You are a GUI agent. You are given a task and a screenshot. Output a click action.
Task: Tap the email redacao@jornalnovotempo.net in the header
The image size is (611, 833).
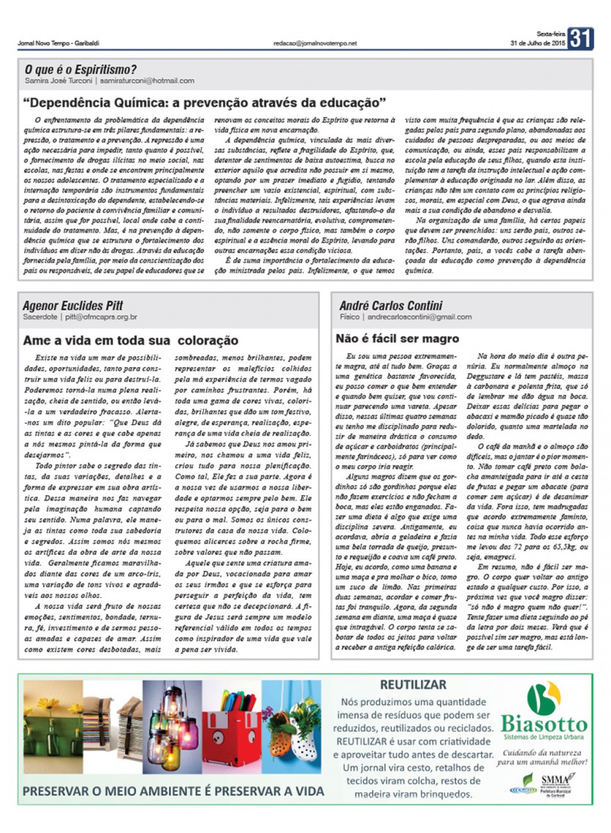(x=315, y=43)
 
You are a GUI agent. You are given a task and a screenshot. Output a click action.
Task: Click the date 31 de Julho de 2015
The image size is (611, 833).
(x=537, y=43)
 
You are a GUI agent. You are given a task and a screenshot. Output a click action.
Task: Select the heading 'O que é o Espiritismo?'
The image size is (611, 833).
(x=80, y=70)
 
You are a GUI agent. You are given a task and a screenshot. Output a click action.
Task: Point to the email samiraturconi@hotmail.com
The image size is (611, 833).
(x=147, y=81)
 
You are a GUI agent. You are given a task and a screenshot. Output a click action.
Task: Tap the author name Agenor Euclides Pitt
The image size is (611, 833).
(x=73, y=305)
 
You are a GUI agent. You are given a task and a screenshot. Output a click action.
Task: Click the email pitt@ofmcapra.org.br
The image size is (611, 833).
(x=101, y=317)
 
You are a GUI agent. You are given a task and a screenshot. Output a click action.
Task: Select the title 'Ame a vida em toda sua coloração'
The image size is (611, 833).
(x=131, y=341)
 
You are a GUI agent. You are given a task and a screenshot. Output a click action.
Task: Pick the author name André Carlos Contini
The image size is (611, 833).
(x=391, y=305)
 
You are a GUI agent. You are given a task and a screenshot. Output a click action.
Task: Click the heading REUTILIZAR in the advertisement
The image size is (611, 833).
(x=413, y=685)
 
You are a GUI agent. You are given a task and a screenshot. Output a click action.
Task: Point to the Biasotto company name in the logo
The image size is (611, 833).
(x=543, y=724)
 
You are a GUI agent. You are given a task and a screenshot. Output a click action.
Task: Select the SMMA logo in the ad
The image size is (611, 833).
(x=554, y=783)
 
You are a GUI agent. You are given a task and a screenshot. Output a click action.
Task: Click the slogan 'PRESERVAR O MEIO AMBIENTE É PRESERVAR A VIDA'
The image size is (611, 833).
(x=173, y=791)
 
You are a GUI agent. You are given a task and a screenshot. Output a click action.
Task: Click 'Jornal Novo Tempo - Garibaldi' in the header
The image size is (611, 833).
(x=58, y=43)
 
